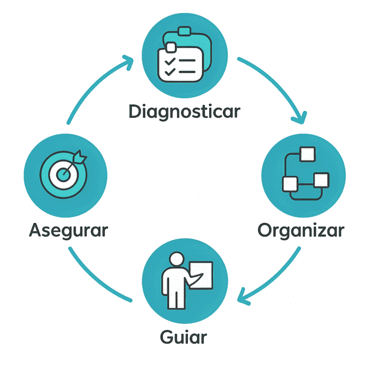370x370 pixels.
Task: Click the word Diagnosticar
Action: (185, 111)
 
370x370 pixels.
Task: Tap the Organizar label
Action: (301, 230)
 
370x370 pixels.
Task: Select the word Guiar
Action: (183, 336)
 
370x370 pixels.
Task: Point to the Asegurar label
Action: (68, 230)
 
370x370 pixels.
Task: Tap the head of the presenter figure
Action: (177, 259)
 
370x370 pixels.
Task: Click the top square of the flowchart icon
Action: (307, 155)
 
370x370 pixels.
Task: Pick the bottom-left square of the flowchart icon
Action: (290, 184)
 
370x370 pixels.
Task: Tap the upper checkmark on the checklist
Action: (169, 61)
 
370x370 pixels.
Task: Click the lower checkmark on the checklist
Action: (169, 72)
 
